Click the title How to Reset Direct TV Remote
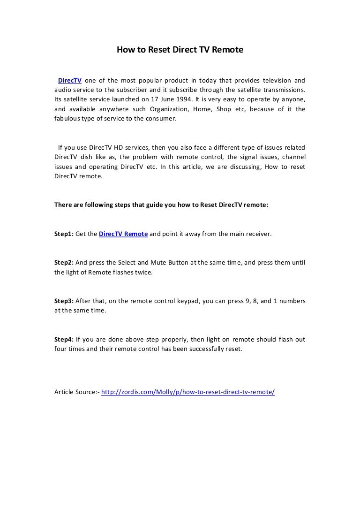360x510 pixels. (180, 48)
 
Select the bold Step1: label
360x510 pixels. (64, 233)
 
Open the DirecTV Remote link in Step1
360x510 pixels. (124, 233)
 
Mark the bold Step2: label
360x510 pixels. (64, 262)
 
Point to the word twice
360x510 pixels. (143, 272)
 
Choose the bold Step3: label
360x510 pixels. (64, 301)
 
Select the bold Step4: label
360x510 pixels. (64, 339)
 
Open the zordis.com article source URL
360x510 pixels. (188, 392)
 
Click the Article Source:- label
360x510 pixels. (77, 392)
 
